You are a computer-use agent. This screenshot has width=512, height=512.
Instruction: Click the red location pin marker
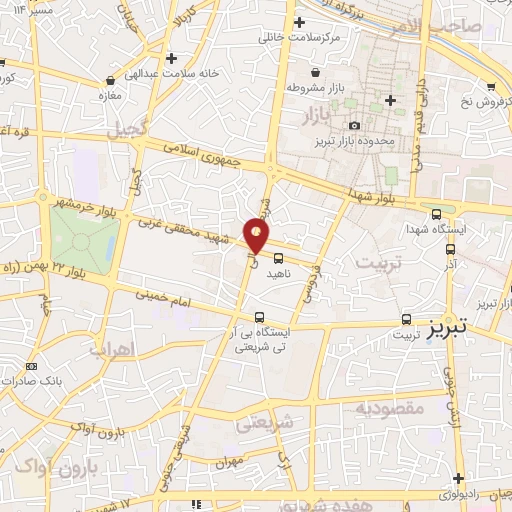point(257,236)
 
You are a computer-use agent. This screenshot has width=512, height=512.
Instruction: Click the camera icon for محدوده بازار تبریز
point(354,125)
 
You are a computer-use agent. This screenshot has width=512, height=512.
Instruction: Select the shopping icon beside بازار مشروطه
point(317,72)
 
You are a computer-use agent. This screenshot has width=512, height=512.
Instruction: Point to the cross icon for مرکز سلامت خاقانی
point(298,21)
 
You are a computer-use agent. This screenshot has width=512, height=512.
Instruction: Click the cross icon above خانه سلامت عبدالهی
point(173,58)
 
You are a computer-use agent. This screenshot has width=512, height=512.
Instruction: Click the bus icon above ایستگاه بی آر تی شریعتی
point(259,318)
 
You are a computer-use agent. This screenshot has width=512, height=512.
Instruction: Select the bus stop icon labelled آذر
point(449,249)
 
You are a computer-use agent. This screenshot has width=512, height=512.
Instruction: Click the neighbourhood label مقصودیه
point(390,408)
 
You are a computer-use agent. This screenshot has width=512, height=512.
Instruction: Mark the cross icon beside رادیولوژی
point(458,479)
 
